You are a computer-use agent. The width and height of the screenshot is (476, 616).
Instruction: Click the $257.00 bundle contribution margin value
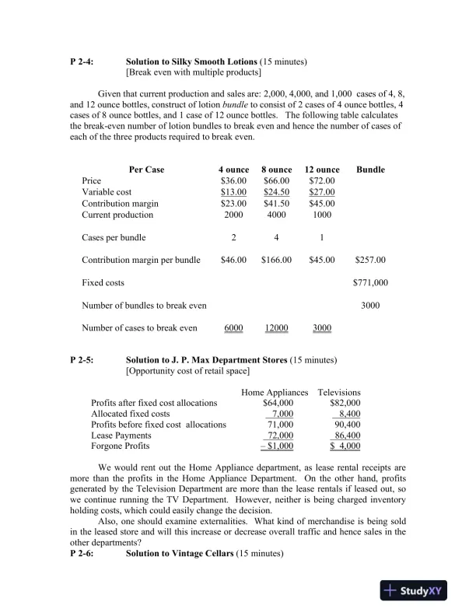pyautogui.click(x=370, y=260)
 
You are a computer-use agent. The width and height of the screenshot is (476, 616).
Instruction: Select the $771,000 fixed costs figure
pyautogui.click(x=370, y=283)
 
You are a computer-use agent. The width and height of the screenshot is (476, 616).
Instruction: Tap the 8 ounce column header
pyautogui.click(x=276, y=170)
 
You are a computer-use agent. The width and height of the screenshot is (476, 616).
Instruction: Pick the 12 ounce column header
pyautogui.click(x=322, y=170)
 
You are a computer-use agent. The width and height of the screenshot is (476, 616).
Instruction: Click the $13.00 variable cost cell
pyautogui.click(x=233, y=192)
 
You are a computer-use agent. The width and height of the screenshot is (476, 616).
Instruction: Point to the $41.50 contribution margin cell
pyautogui.click(x=276, y=203)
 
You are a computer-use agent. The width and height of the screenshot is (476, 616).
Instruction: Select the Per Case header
pyautogui.click(x=146, y=170)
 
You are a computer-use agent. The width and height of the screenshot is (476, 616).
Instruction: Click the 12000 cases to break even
pyautogui.click(x=276, y=328)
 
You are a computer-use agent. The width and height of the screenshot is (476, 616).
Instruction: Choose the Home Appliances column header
pyautogui.click(x=275, y=392)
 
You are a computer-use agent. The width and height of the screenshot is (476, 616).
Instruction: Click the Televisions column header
pyautogui.click(x=339, y=392)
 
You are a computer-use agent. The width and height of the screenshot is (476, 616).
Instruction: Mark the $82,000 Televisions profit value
pyautogui.click(x=345, y=403)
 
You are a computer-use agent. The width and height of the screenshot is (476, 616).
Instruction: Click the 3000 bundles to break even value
pyautogui.click(x=370, y=306)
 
